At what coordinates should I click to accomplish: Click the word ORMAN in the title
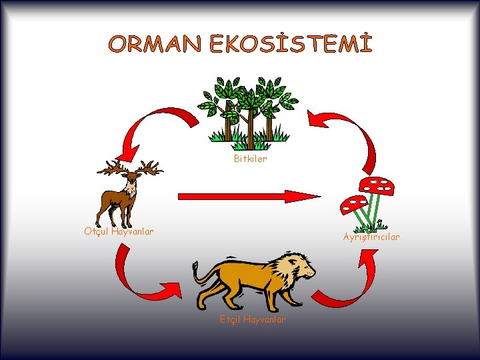click(x=155, y=45)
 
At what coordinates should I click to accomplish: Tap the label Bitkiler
click(x=250, y=159)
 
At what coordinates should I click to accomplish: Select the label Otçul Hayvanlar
click(x=119, y=231)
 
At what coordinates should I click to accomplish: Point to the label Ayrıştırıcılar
click(x=371, y=237)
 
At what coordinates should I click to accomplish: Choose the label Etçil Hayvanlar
click(x=253, y=319)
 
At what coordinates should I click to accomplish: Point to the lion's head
click(x=299, y=267)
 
